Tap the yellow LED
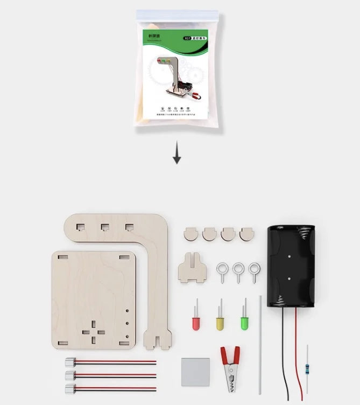(x=220, y=323)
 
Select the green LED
(x=245, y=323)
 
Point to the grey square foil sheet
(x=195, y=371)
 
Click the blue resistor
(x=307, y=369)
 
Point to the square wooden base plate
(x=94, y=299)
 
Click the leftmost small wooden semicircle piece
(x=191, y=234)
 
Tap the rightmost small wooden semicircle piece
(x=247, y=234)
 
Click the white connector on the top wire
(x=70, y=362)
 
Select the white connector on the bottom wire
(x=70, y=388)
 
